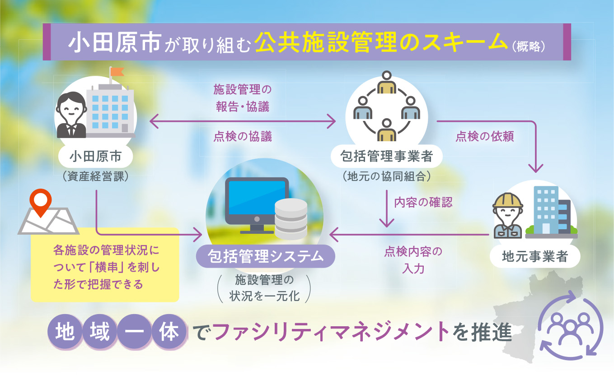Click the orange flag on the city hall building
coord(117,72)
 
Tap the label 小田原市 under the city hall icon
coord(95,157)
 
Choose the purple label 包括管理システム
coord(266,257)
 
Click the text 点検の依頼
coord(484,136)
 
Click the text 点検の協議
coord(243,136)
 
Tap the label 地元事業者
coord(535,257)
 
